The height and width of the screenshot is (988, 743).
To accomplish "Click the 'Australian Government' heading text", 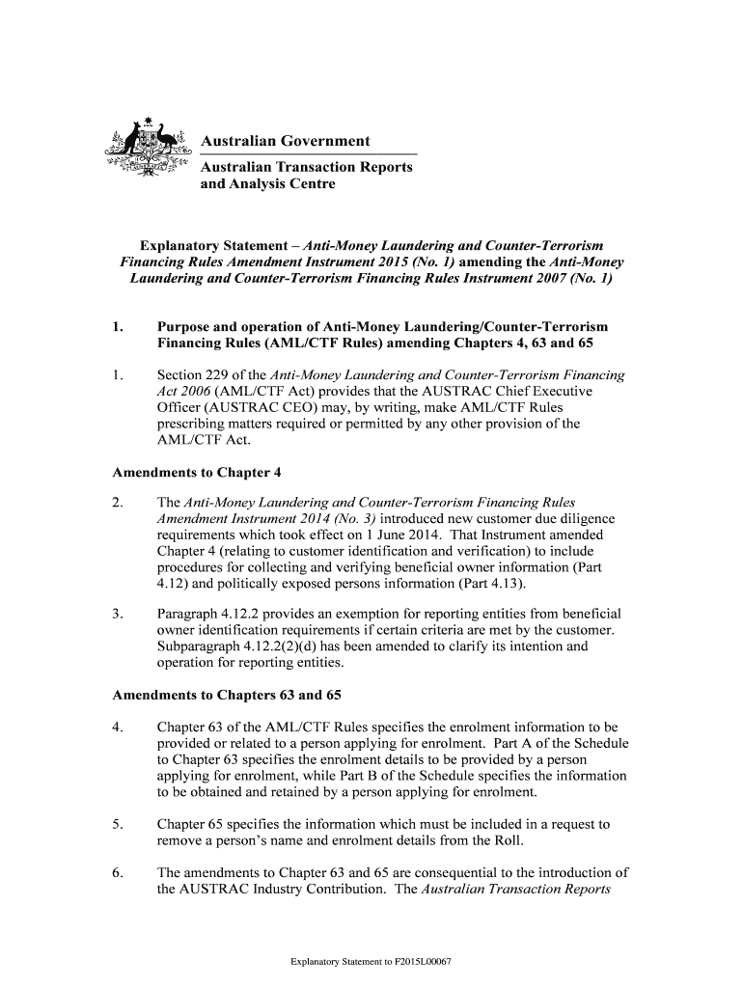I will pyautogui.click(x=285, y=142).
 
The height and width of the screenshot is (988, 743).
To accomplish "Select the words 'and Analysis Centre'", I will pyautogui.click(x=267, y=183).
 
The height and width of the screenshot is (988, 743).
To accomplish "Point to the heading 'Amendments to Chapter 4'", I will pyautogui.click(x=197, y=473).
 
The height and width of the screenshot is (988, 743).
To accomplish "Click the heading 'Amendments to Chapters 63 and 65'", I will pyautogui.click(x=227, y=696).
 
